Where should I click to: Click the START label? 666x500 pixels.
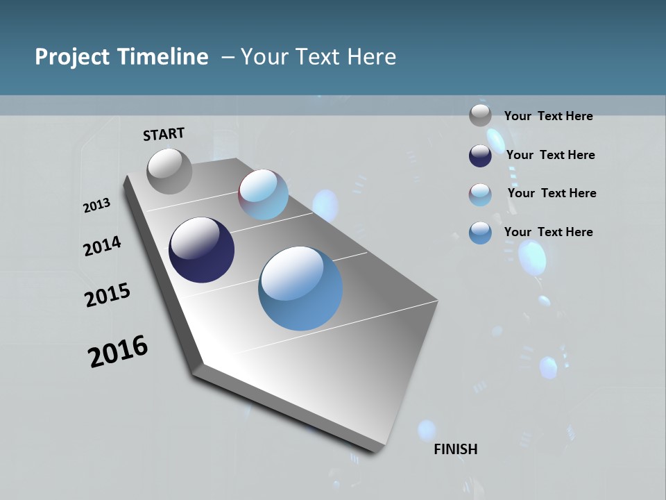164,134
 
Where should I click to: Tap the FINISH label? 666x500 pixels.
456,449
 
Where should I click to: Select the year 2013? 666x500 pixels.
96,206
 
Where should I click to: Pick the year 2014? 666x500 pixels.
102,247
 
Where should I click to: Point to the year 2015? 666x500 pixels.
108,295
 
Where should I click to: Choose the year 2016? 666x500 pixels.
118,351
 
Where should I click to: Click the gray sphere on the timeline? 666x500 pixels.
169,171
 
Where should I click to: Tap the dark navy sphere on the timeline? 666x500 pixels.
201,250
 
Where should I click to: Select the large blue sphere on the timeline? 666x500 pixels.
300,288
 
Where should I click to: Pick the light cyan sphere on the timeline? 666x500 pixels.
264,194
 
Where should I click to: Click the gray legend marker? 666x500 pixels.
480,115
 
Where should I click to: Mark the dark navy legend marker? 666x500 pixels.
480,155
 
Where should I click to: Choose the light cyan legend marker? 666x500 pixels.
480,194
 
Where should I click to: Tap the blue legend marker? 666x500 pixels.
480,233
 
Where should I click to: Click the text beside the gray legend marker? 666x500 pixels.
548,116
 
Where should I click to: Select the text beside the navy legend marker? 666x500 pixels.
550,155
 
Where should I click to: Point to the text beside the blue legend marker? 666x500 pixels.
548,232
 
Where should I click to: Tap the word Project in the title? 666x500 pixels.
68,57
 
